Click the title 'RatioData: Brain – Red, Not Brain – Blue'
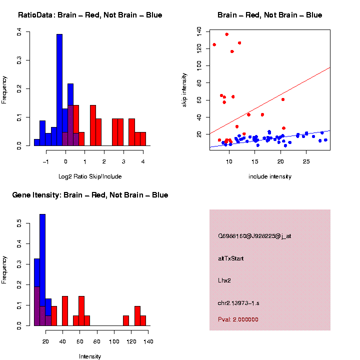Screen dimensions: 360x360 coord(90,15)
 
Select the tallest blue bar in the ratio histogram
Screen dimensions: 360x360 coord(59,90)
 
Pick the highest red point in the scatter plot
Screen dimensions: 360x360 coord(226,34)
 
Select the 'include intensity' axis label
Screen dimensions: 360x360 coord(270,176)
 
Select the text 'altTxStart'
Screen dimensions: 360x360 coord(231,258)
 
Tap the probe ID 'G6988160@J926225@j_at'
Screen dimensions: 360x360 coord(254,236)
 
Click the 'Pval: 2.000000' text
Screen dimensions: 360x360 coord(238,319)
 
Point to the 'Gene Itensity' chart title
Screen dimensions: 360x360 coord(90,195)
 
